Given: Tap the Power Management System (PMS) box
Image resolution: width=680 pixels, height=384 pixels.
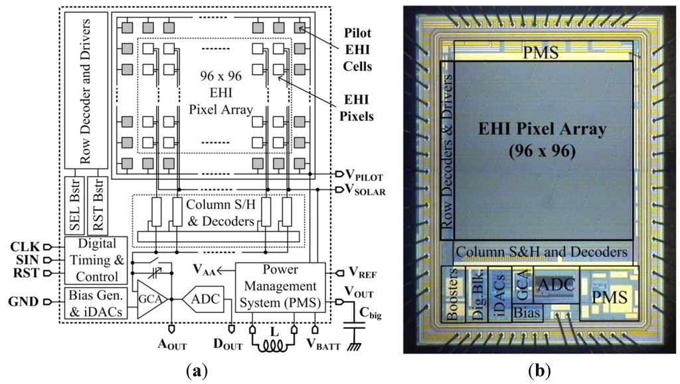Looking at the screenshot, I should point(280,287).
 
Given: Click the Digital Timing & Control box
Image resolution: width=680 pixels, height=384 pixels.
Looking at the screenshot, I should point(94,260).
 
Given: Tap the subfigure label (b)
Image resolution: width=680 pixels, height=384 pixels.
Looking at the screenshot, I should point(539,369).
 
